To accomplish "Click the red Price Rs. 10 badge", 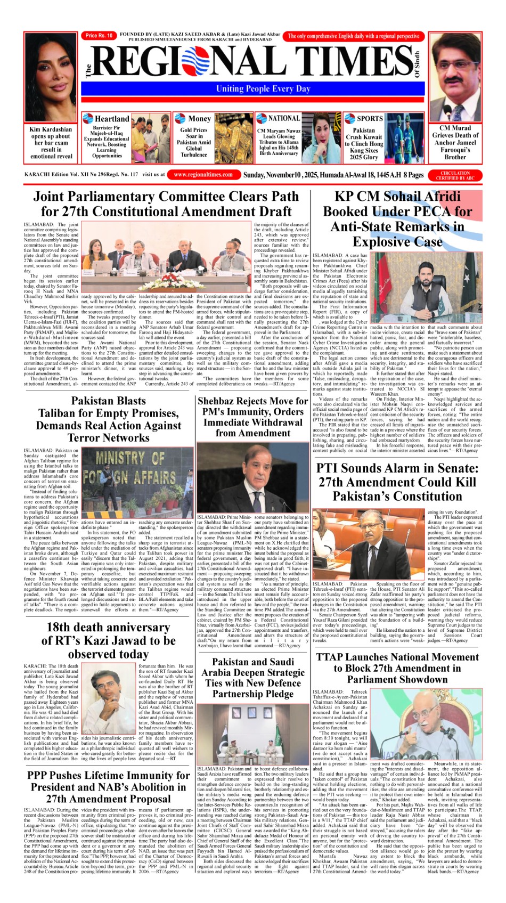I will pos(99,36).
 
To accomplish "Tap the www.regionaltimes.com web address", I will pos(203,174).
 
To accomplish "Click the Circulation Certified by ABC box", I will pos(455,175).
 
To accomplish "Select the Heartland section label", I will pos(111,119).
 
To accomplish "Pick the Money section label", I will pos(199,119).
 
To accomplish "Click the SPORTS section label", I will pos(369,119).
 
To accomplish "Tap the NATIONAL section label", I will pos(283,118).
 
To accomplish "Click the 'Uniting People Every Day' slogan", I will pos(263,88).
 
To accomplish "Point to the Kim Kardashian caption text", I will pos(51,143).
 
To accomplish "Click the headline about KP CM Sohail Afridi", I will pos(397,218).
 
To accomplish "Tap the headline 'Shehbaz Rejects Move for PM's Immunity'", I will pos(252,417).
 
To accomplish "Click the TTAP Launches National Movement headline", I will pos(397,668).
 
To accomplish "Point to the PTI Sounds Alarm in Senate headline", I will pos(397,482).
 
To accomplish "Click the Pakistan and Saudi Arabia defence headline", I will pos(252,678).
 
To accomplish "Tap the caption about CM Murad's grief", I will pos(455,143).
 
